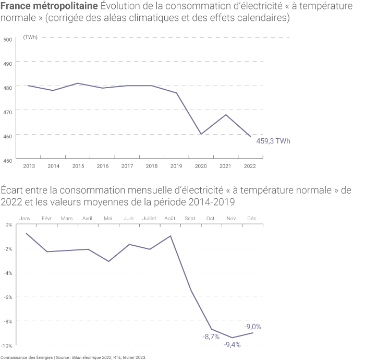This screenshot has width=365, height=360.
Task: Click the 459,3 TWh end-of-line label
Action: coord(274,141)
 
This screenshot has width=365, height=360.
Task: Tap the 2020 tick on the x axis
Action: coord(201,166)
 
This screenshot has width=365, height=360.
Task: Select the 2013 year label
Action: coord(29,166)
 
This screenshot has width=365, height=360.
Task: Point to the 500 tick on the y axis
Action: coord(7,40)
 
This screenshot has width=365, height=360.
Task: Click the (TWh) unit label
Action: coord(30,38)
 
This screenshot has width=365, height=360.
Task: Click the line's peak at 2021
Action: coord(226,115)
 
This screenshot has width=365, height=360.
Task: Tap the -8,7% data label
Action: coord(211,337)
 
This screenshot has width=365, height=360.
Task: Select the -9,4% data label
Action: coord(232,345)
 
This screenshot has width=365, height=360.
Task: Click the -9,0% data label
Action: coord(253,327)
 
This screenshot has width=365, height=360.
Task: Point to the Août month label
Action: coord(170,218)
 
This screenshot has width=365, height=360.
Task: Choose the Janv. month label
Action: coord(26,218)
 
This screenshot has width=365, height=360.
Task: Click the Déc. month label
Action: coord(252,218)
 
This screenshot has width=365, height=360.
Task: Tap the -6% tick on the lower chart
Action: coord(8,297)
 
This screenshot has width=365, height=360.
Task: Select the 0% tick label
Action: coord(8,224)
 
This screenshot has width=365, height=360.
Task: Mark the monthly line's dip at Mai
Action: coord(108,261)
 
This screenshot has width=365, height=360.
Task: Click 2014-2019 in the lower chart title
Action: coord(211,201)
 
